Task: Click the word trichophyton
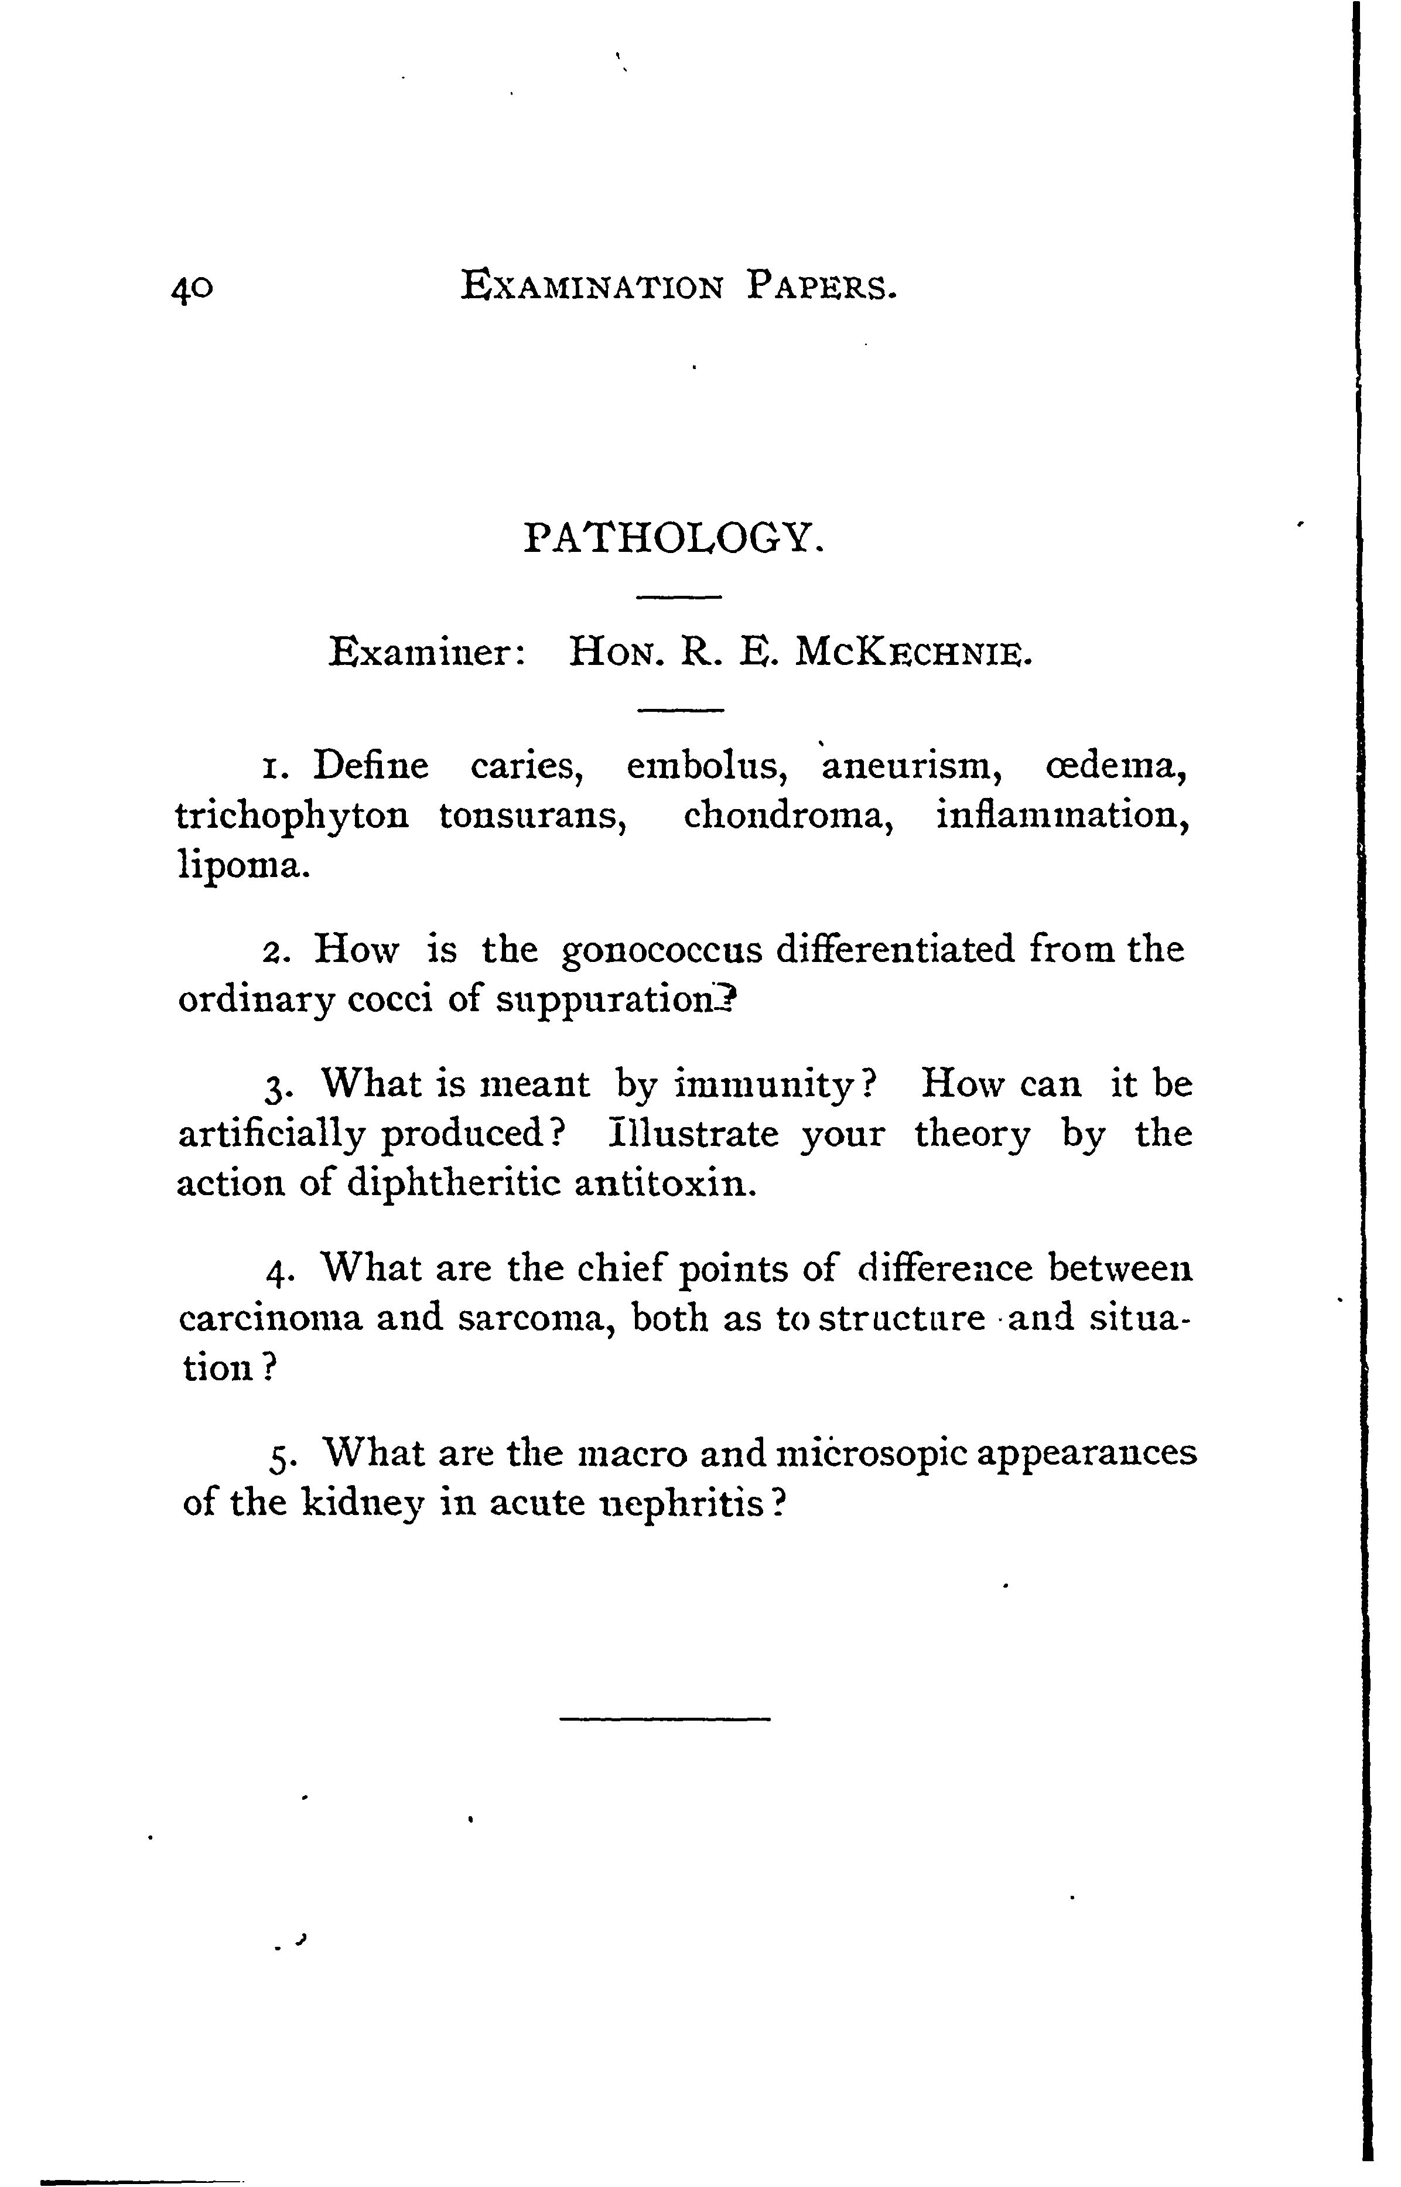point(292,816)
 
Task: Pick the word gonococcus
point(662,951)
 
